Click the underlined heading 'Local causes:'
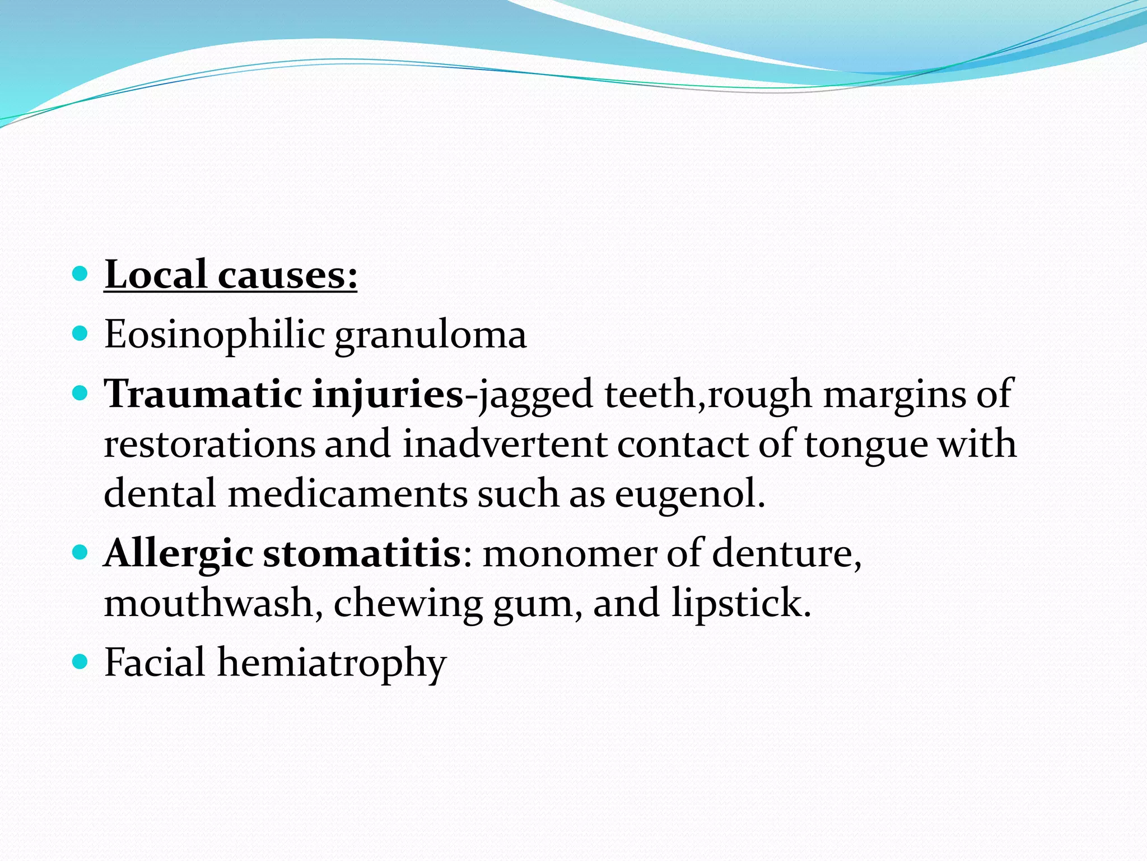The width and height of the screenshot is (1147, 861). coord(230,276)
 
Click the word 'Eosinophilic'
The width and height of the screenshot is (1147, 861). coord(215,335)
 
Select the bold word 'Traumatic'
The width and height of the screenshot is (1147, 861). coord(203,394)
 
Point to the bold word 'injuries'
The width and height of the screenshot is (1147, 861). coord(388,395)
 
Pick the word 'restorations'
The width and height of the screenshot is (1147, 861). coord(209,444)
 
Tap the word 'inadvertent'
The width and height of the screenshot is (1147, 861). coord(505,444)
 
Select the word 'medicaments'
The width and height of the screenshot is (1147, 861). coord(347,494)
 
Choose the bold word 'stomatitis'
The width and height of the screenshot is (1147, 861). coord(362,553)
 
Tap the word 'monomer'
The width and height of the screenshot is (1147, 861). coord(570,554)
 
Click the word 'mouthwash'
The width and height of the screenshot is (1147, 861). coord(209,603)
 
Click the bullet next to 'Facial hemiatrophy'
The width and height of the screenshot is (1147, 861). coord(81,662)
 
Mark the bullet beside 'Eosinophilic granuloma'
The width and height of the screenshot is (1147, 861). coord(81,335)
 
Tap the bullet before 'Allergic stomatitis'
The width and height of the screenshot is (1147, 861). coord(81,553)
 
